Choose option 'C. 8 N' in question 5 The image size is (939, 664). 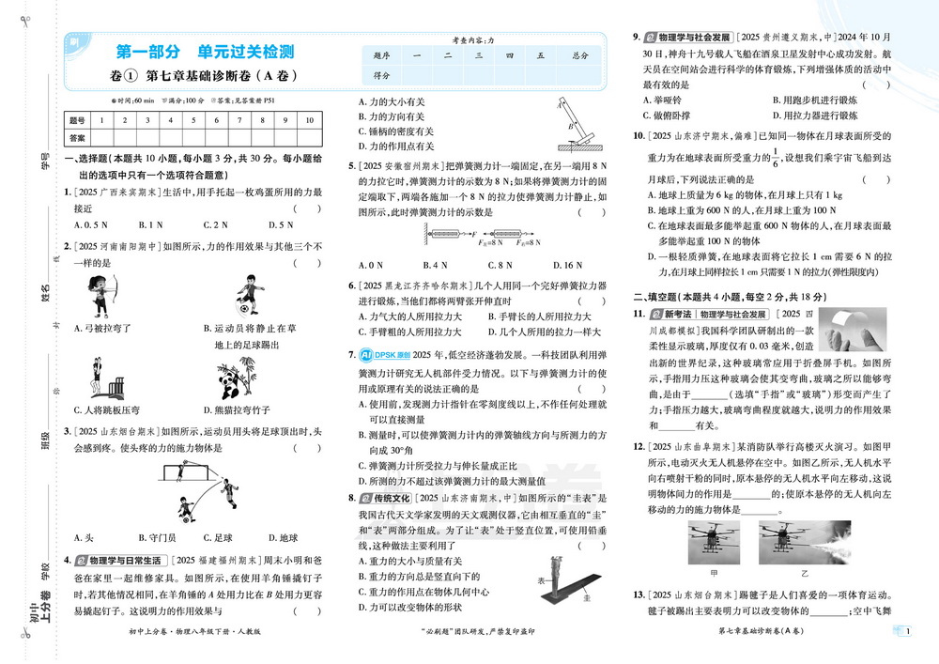tap(500, 266)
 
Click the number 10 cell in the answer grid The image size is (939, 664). tap(310, 120)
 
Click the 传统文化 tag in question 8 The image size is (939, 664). tap(392, 498)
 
